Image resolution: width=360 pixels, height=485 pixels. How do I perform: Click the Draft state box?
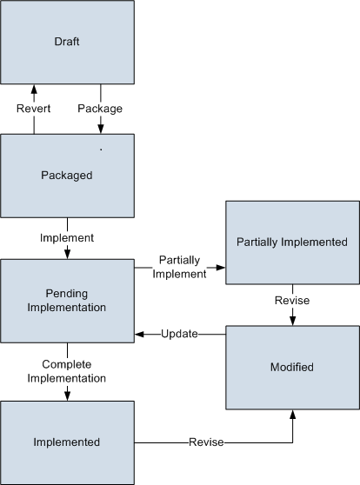tap(67, 42)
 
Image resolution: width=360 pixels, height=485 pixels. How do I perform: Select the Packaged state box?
tap(67, 176)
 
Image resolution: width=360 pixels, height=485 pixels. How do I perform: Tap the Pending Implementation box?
tap(67, 301)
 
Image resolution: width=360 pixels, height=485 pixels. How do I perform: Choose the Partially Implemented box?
tap(292, 242)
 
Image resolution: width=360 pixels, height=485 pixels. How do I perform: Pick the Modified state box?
tap(292, 368)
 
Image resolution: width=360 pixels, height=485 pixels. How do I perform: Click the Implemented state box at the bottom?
tap(67, 442)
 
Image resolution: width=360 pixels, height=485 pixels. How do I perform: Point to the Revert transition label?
tap(33, 109)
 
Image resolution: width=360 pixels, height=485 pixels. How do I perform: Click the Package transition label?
tap(100, 109)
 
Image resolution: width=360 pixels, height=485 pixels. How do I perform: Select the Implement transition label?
tap(67, 238)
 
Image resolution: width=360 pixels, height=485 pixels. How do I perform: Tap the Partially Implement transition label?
tap(179, 267)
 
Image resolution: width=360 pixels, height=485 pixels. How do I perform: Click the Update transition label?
tap(179, 334)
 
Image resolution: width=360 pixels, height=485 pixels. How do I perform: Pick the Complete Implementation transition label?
tap(67, 371)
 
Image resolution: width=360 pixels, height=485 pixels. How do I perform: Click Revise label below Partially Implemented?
tap(292, 301)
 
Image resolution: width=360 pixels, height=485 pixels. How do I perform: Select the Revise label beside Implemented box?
tap(206, 442)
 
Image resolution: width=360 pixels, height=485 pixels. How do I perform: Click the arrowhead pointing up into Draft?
tap(34, 89)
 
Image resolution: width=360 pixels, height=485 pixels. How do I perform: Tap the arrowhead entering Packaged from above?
tap(101, 129)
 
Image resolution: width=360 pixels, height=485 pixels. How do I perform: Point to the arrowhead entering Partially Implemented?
tap(221, 268)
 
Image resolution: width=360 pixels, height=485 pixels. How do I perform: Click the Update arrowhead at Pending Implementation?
tap(139, 334)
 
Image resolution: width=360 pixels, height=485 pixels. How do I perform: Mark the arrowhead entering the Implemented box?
tap(67, 396)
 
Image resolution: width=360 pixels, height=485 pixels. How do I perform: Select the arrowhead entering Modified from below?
tap(292, 415)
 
